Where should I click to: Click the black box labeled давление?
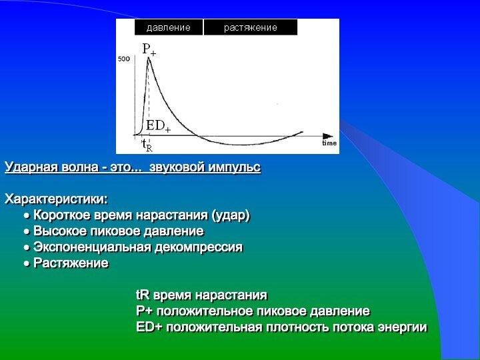pyautogui.click(x=169, y=27)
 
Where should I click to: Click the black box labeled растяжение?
pyautogui.click(x=251, y=27)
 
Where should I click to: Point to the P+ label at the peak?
pyautogui.click(x=149, y=49)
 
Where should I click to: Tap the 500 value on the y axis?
pyautogui.click(x=124, y=59)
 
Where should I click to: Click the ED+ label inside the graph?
pyautogui.click(x=158, y=125)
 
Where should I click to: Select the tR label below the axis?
pyautogui.click(x=147, y=145)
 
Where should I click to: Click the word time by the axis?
pyautogui.click(x=329, y=143)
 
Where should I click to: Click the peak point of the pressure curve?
pyautogui.click(x=149, y=57)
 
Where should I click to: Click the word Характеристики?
pyautogui.click(x=56, y=199)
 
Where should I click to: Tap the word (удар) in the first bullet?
pyautogui.click(x=231, y=215)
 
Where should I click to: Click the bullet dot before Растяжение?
pyautogui.click(x=27, y=263)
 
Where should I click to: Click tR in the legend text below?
pyautogui.click(x=143, y=295)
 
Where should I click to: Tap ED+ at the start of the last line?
pyautogui.click(x=149, y=327)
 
